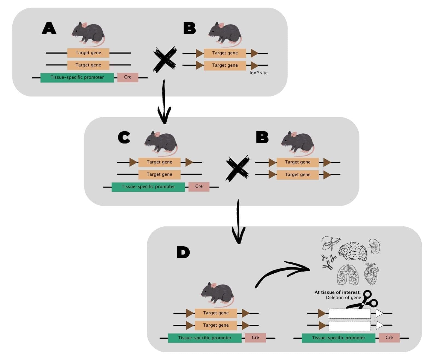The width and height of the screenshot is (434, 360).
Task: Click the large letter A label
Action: coord(49,28)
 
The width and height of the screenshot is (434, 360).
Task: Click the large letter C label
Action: coord(124,137)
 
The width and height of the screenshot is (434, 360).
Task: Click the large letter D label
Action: coord(183,252)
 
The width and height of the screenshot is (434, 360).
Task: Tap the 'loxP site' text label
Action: coord(258,73)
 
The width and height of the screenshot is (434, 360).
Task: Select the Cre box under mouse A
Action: coord(128,77)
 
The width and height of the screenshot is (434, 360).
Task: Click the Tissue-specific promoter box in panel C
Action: coord(148,187)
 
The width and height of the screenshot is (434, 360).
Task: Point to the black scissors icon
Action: coord(364,301)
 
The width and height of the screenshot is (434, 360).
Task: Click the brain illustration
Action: coord(353,251)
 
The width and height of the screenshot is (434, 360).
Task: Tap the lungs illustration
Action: coord(348,274)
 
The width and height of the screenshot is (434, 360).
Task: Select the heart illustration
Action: coord(372,274)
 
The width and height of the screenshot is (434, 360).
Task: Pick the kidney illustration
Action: coord(374,246)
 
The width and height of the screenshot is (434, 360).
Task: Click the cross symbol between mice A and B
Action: coord(165,59)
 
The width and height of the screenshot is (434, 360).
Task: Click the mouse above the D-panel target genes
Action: coord(218,294)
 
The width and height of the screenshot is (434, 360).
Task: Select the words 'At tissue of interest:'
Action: coord(337,292)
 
